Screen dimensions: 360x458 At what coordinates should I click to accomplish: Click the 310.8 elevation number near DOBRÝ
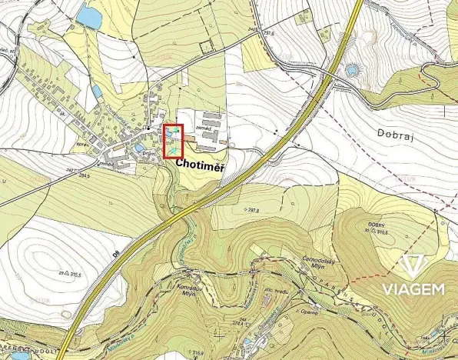pyautogui.click(x=380, y=232)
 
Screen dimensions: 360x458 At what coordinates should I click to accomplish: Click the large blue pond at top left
pyautogui.click(x=89, y=17)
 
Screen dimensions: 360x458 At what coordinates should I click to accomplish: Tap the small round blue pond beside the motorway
pyautogui.click(x=353, y=70)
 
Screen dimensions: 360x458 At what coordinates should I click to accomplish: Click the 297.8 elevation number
pyautogui.click(x=252, y=209)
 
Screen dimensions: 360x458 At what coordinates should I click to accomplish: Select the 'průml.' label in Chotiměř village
pyautogui.click(x=150, y=154)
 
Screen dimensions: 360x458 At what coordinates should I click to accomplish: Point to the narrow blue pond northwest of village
pyautogui.click(x=97, y=92)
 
